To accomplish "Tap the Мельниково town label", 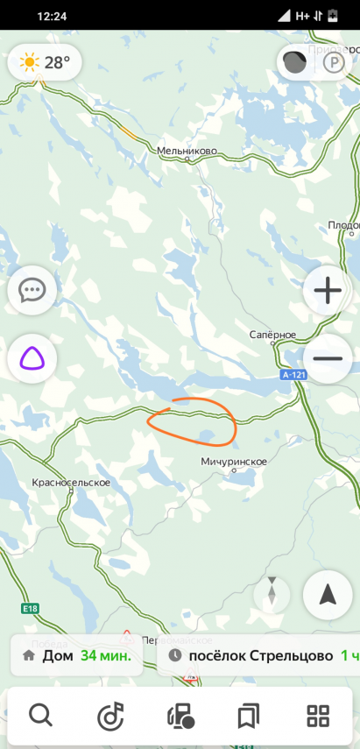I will coord(187,151).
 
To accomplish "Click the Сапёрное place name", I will coord(272,336).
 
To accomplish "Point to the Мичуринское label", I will coord(233,461).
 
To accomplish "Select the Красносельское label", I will coord(71,483).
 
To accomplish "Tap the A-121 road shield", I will coord(294,375).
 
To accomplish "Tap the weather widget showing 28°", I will coord(45,62).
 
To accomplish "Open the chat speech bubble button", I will coord(32,290).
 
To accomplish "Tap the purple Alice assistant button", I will coord(32,358).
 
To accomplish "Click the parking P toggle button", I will coord(334,62).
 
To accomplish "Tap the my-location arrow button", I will coord(328,596).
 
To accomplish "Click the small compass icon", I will coord(272,596).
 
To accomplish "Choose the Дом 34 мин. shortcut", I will coord(77,655).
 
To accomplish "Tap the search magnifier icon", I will coord(41,716).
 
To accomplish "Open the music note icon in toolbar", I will coord(110,716).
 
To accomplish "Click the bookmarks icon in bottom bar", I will coord(249,716).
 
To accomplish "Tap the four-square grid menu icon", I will coord(318,716).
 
